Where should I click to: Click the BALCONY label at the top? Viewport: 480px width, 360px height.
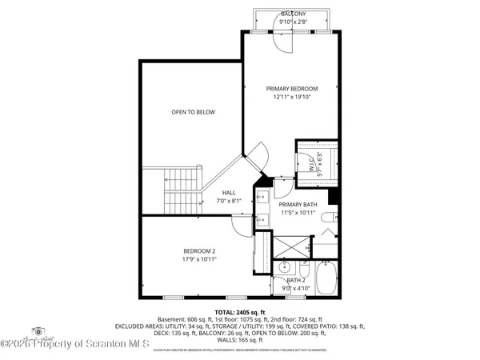[292, 14]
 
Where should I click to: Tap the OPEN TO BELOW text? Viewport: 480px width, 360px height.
[193, 112]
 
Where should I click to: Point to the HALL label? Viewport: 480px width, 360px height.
[229, 193]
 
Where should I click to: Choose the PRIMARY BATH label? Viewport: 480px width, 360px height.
[298, 205]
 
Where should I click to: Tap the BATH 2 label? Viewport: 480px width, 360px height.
[296, 280]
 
